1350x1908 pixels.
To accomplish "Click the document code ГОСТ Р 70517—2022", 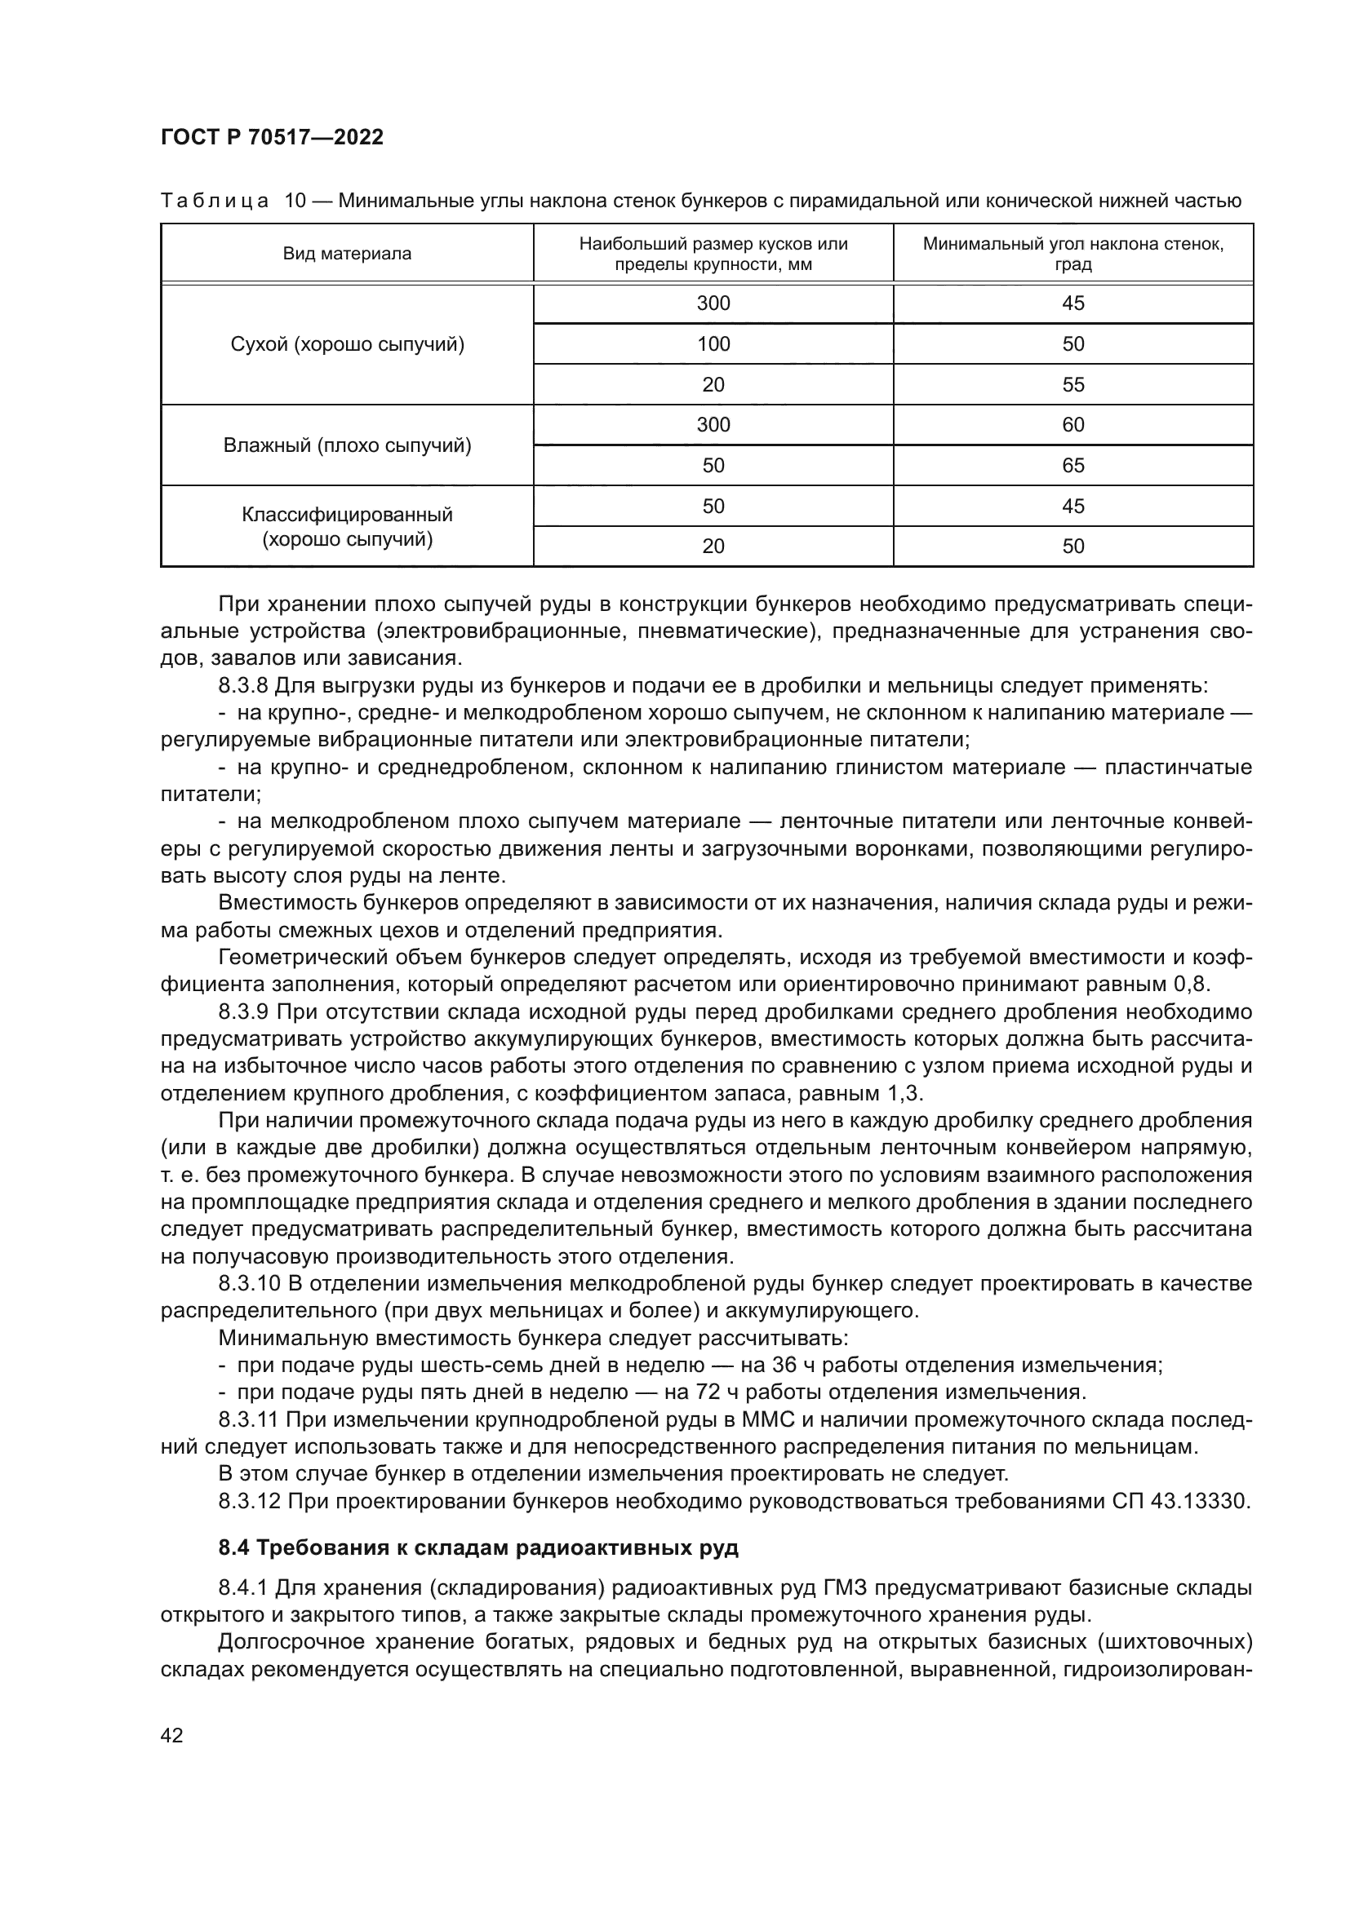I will (x=272, y=138).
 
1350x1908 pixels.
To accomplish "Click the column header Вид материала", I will (x=347, y=255).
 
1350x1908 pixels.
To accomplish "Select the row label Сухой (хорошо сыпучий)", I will (x=347, y=344).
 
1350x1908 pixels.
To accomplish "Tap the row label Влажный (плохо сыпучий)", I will (x=347, y=445).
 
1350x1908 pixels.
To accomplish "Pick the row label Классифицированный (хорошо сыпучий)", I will (x=347, y=527).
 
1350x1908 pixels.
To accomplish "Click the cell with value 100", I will (x=713, y=344).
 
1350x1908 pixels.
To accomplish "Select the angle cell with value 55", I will (x=1072, y=385).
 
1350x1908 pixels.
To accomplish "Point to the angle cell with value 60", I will (x=1072, y=425).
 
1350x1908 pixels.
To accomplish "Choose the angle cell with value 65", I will (x=1072, y=465).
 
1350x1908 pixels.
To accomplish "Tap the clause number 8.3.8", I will (x=243, y=685).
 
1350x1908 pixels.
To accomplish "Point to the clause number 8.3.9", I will (x=243, y=1012).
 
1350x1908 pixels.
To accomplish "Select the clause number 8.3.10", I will (x=250, y=1284).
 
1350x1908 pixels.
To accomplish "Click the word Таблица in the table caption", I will (x=215, y=201).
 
